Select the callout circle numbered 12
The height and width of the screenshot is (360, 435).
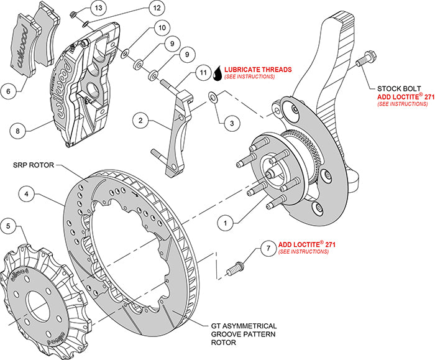point(156,9)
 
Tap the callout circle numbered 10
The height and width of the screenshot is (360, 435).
point(160,28)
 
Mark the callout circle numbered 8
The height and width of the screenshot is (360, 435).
point(19,131)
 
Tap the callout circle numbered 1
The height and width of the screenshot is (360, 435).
point(227,221)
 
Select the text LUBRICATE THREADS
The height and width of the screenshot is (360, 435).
point(259,69)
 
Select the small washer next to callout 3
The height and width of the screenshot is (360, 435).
point(213,97)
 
